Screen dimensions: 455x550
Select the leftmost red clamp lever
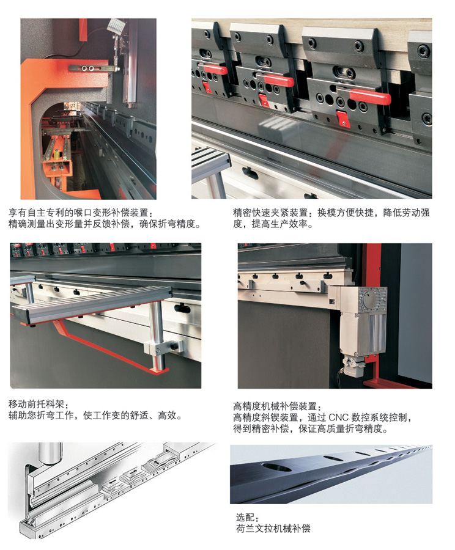point(213,70)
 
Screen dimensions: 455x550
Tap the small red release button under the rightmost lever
point(343,119)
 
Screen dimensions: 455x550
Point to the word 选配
point(245,518)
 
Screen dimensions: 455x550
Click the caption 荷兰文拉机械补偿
point(273,529)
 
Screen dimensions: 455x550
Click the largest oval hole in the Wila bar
point(276,468)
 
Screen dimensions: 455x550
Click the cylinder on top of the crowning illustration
point(51,453)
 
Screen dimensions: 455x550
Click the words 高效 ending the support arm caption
point(167,416)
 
